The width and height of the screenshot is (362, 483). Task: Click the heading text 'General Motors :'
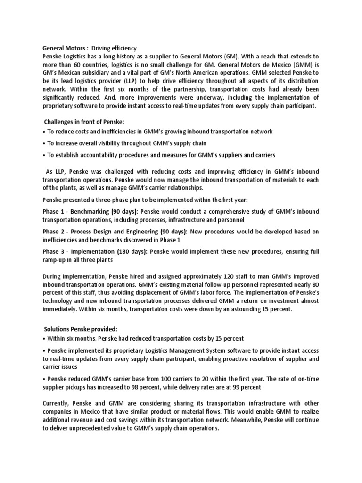(x=65, y=48)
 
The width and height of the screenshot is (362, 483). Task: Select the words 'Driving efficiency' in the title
(x=114, y=48)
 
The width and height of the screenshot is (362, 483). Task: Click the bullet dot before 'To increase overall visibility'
(x=44, y=143)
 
